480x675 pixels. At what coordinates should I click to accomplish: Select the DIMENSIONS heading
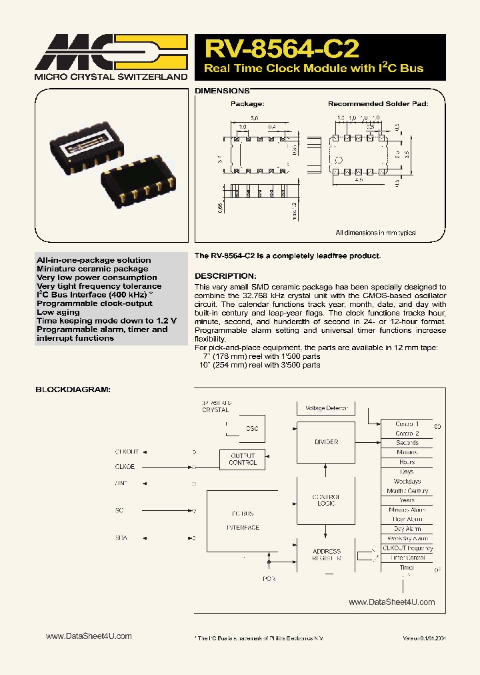coord(222,90)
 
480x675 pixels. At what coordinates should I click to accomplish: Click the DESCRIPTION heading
coord(225,276)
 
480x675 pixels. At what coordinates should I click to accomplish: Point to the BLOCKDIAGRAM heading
coord(73,389)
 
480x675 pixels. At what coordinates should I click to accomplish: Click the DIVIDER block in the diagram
coord(326,442)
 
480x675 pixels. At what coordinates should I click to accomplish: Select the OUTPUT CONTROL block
coord(243,459)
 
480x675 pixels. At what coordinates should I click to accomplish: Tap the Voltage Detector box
coord(326,408)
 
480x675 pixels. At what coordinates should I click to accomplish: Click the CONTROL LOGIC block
coord(326,500)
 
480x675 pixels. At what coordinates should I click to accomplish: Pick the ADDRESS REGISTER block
coord(326,555)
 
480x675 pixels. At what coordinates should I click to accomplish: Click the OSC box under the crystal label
coord(251,429)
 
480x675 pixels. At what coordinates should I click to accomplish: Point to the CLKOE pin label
coord(125,467)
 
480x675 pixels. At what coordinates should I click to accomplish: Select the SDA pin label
coord(121,538)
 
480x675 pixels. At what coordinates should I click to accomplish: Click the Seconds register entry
coord(407,443)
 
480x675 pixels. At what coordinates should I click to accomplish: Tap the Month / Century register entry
coord(407,491)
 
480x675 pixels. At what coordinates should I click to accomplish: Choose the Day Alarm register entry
coord(407,529)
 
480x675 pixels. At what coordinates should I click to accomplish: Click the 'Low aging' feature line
coord(58,312)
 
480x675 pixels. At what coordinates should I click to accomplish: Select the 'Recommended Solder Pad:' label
coord(378,104)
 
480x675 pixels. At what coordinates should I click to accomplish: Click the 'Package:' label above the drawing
coord(247,104)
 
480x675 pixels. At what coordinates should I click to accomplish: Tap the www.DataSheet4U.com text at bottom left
coord(89,636)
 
